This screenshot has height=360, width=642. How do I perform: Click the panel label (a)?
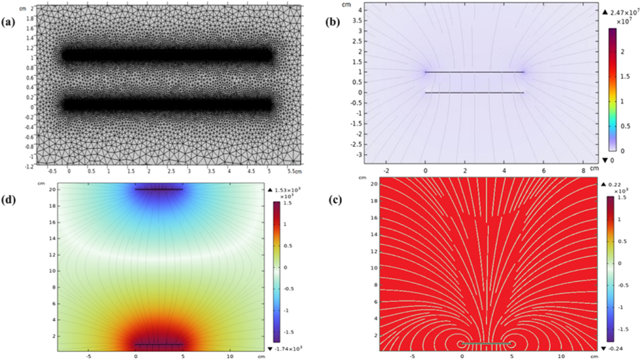[x=10, y=23]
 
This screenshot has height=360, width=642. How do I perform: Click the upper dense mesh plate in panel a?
[x=167, y=55]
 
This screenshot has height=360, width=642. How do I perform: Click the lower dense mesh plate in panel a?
[x=167, y=103]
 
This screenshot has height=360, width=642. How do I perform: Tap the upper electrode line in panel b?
[x=475, y=72]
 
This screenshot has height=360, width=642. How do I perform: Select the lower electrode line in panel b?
[x=475, y=93]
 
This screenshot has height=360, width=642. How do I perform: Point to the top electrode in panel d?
[x=159, y=189]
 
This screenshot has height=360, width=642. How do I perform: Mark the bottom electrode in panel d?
[x=159, y=344]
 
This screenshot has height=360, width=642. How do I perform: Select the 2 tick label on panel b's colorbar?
[x=622, y=51]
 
